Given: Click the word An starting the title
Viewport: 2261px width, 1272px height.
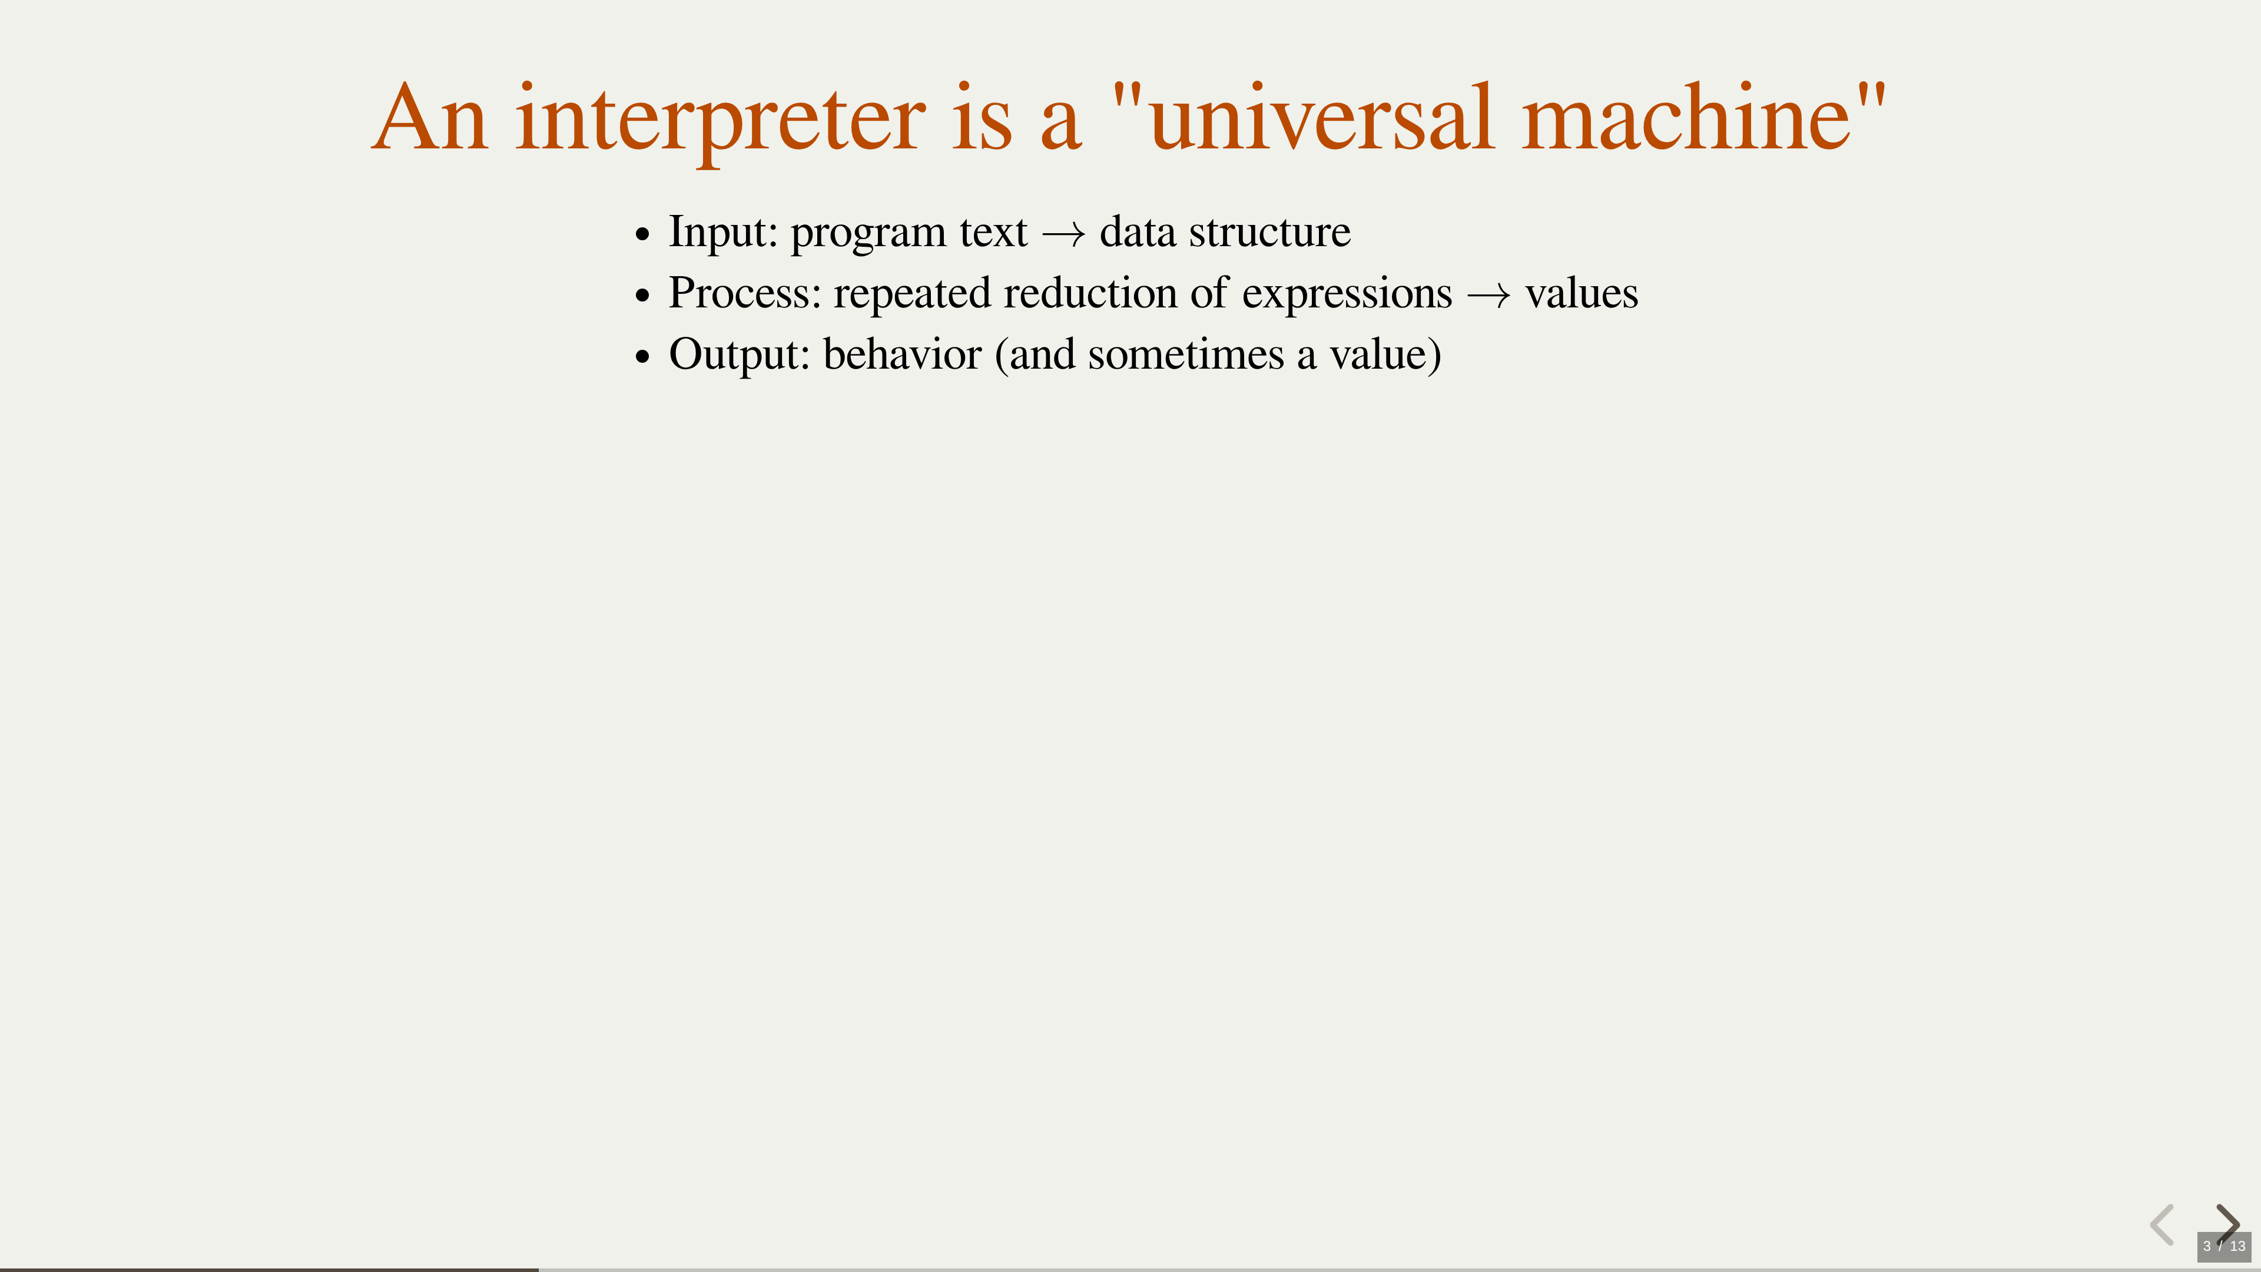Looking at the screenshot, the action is point(429,118).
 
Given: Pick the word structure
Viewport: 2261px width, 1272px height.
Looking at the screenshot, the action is point(1269,233).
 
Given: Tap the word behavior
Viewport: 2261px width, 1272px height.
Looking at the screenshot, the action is point(902,354).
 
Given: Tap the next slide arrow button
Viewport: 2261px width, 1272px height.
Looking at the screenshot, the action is point(2227,1224).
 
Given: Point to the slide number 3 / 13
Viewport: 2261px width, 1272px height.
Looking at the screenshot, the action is point(2224,1247).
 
